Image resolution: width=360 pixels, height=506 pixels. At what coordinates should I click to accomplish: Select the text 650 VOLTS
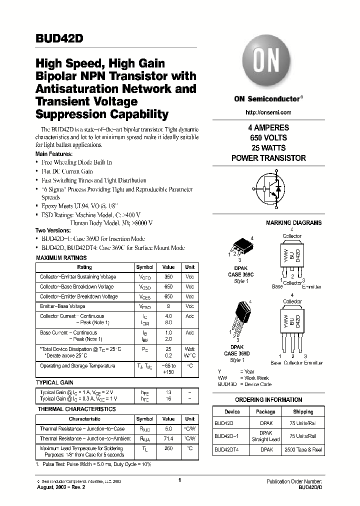coord(268,138)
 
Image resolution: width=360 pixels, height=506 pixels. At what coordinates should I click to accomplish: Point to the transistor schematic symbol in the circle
coord(268,189)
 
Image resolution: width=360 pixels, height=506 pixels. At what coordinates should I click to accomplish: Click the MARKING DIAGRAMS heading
coord(293,223)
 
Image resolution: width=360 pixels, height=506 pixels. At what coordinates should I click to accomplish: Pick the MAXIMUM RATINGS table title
coord(61,258)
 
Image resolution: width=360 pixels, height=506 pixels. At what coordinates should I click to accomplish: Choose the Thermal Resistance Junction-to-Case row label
coord(82,429)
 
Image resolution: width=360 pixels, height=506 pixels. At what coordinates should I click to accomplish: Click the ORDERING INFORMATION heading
coord(268,400)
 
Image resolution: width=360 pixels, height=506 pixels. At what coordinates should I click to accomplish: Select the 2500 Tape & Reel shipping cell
coord(303,450)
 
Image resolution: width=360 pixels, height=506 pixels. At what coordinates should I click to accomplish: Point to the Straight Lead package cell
coord(265,439)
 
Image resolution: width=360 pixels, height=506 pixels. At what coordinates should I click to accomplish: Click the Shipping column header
coord(303,412)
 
